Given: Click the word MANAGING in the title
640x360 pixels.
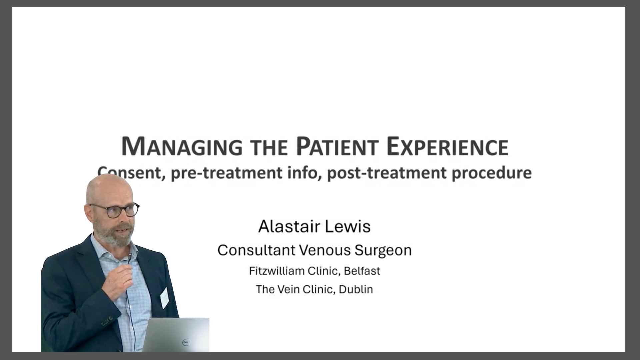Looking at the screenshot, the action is [182, 147].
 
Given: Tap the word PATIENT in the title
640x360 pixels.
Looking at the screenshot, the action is [337, 147].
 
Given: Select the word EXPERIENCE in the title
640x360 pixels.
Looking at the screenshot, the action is [448, 147].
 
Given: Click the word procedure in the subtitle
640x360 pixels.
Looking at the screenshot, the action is [492, 173].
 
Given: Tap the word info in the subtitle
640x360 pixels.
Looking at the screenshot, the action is [303, 172].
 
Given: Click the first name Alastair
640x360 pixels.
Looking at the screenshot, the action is [284, 227].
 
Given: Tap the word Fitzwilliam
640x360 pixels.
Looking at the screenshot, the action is [277, 271].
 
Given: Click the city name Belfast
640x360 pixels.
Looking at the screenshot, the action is [362, 271].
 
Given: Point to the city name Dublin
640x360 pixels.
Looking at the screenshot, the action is [356, 289].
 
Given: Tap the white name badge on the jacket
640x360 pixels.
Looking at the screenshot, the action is [164, 298].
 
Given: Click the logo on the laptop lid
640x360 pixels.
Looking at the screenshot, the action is [186, 342].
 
